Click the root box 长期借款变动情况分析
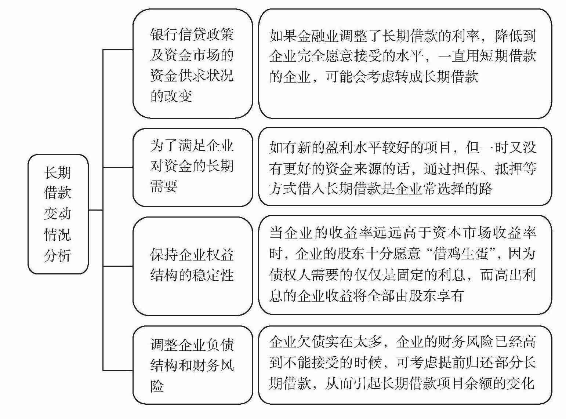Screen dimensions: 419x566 (58, 214)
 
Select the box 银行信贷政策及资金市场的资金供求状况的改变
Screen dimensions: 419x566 (192, 64)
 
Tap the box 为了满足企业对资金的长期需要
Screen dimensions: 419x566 (192, 167)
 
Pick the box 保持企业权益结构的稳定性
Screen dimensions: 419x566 (192, 266)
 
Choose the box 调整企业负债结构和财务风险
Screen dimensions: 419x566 (192, 365)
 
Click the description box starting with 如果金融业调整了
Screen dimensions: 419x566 (404, 64)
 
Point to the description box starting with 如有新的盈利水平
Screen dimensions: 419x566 (404, 167)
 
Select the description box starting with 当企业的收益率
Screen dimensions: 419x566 (404, 265)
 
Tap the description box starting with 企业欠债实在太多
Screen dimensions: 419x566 (404, 365)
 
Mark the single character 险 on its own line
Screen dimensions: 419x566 (157, 386)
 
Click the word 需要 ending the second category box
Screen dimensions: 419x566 (164, 186)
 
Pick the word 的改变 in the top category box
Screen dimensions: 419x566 (171, 96)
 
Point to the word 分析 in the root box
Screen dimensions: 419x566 (58, 255)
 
